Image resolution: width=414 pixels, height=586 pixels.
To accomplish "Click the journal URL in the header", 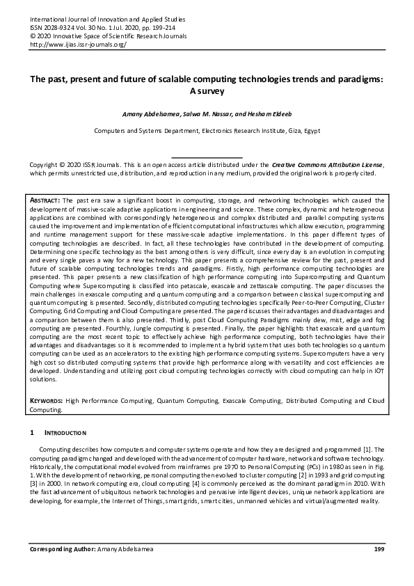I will pyautogui.click(x=77, y=43).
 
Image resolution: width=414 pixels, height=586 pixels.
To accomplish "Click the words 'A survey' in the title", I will pyautogui.click(x=207, y=91).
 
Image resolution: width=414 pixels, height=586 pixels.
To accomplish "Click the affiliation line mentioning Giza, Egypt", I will pyautogui.click(x=207, y=130).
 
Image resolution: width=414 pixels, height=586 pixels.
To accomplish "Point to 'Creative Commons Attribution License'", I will pyautogui.click(x=326, y=164).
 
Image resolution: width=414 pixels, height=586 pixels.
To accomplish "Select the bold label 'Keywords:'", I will pyautogui.click(x=47, y=402).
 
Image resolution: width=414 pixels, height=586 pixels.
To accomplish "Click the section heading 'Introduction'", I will pyautogui.click(x=66, y=433).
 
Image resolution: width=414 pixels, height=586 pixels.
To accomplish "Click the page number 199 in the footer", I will pyautogui.click(x=379, y=551).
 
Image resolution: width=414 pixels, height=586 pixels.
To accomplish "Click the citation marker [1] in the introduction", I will pyautogui.click(x=368, y=450).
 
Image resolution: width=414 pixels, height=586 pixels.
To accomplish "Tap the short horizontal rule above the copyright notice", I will pyautogui.click(x=207, y=157).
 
